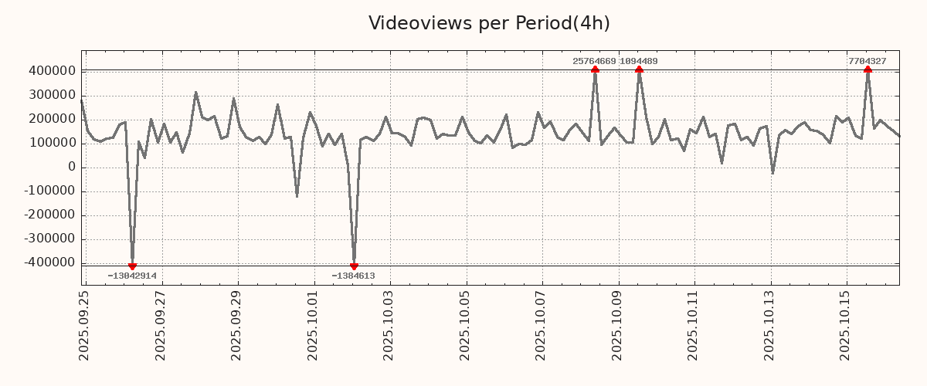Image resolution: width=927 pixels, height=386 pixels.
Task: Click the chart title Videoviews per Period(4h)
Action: tap(489, 23)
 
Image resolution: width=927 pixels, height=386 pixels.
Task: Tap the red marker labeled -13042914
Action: tap(132, 266)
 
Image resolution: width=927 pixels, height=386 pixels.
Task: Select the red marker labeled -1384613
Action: tap(354, 266)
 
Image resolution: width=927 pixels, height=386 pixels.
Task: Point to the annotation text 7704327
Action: tap(867, 61)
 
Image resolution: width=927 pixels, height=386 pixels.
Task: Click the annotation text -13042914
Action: tap(132, 276)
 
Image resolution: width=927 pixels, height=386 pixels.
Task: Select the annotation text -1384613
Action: tap(353, 276)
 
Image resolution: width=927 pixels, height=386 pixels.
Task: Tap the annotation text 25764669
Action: tap(594, 61)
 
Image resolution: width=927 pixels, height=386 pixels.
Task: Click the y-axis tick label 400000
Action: tap(51, 71)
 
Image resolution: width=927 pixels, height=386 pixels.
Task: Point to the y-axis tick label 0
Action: tap(71, 167)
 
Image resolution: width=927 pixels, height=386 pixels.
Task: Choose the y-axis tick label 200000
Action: tap(51, 119)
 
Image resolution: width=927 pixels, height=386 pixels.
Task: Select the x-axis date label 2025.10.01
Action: tap(313, 324)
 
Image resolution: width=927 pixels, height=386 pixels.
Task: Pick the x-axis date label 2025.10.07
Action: tap(542, 324)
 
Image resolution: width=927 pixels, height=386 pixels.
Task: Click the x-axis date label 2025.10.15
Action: tap(846, 324)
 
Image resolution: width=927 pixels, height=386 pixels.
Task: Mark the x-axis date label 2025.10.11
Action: tap(694, 324)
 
